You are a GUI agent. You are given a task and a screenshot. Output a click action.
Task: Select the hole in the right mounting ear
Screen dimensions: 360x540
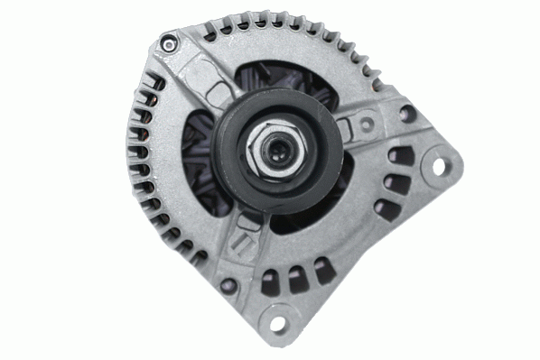pos(440,167)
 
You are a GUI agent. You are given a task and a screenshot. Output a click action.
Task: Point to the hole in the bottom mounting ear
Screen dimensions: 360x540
pos(277,323)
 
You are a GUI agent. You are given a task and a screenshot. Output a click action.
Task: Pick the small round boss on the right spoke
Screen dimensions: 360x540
pos(368,125)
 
